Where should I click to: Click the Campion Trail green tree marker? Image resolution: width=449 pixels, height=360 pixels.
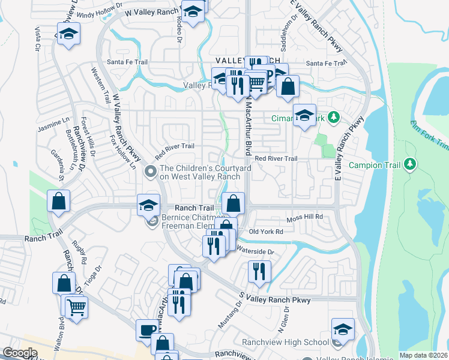click(x=410, y=163)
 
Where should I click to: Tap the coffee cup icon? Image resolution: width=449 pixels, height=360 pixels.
click(x=148, y=329)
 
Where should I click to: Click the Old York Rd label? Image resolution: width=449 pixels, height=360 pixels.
click(x=266, y=232)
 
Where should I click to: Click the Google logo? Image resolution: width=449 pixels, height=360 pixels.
click(x=20, y=353)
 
